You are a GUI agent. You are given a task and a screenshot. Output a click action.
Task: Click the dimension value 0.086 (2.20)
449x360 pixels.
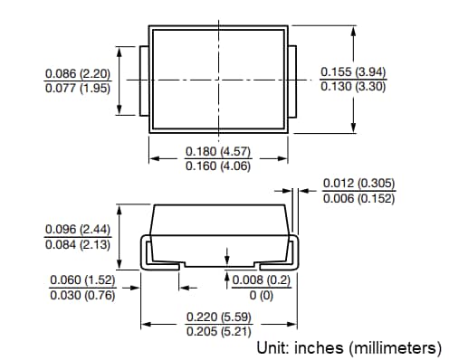pos(77,72)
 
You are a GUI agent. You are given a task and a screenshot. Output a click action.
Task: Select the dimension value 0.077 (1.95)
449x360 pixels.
pos(77,89)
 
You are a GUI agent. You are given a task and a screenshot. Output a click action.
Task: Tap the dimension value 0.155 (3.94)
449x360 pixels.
pos(354,71)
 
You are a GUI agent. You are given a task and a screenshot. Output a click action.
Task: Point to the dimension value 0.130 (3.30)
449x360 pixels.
pos(354,87)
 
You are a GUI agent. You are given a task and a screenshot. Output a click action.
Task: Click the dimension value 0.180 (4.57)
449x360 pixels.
pos(217,150)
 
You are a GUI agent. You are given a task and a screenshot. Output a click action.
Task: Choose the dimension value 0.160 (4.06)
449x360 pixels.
pos(217,166)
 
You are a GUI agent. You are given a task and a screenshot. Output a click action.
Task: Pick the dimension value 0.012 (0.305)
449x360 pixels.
pos(359,184)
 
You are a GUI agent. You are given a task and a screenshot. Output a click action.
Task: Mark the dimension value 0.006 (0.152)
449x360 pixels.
pos(359,199)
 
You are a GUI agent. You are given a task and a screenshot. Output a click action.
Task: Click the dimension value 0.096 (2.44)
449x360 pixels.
pos(77,230)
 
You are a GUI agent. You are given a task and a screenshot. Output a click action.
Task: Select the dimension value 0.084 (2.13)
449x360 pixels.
pos(77,245)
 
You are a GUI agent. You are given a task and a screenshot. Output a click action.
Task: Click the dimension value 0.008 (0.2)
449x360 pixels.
pos(262,279)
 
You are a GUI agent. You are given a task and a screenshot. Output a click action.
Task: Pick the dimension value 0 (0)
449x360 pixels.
pos(262,295)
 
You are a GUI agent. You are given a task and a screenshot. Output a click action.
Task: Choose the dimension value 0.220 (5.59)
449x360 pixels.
pos(217,317)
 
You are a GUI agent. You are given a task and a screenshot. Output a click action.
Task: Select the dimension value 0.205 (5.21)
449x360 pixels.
pos(217,332)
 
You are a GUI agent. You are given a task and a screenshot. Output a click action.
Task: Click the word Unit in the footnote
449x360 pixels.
pos(272,348)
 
